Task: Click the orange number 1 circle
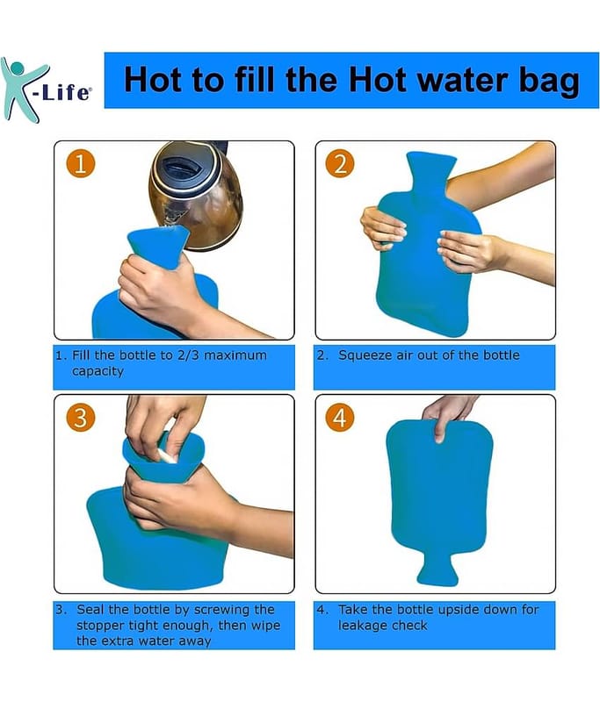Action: tap(81, 164)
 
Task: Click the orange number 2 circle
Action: tap(341, 164)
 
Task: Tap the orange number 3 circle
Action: tap(81, 418)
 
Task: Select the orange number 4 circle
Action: tap(340, 418)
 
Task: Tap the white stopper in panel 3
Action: tap(167, 456)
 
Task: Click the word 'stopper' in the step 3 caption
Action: tap(100, 626)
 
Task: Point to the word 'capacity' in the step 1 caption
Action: tap(98, 372)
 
